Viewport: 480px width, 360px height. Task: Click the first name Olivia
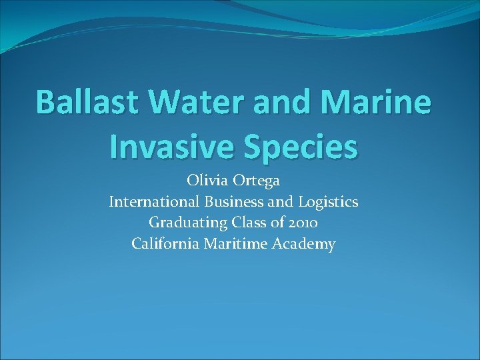click(x=206, y=181)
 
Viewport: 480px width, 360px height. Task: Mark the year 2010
click(x=303, y=223)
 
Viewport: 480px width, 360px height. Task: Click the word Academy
click(x=304, y=245)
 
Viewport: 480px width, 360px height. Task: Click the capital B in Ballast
click(x=45, y=103)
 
